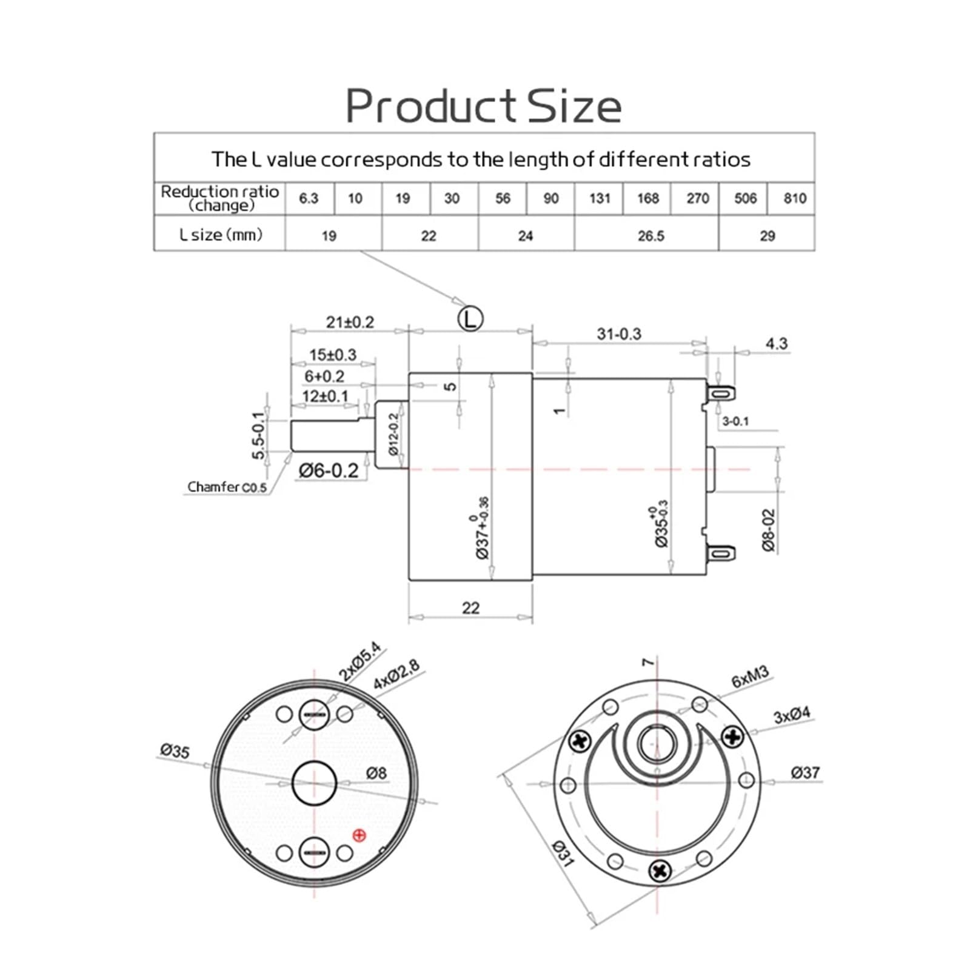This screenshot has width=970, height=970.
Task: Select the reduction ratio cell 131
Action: [x=599, y=198]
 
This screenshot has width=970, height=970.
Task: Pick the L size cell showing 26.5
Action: [x=651, y=236]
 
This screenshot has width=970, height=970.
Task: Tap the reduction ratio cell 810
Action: [x=794, y=198]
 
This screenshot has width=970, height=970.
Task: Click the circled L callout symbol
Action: [x=470, y=318]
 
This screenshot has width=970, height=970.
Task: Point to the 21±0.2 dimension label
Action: [x=350, y=323]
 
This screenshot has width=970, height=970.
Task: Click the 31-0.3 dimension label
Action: [x=618, y=334]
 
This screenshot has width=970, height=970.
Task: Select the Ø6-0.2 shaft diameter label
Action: [x=329, y=470]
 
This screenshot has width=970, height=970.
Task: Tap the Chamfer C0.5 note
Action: [x=226, y=487]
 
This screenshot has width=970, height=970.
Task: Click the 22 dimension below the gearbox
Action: [x=470, y=607]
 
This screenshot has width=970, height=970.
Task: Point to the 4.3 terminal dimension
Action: [x=776, y=344]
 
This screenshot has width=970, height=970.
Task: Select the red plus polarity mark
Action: [x=359, y=835]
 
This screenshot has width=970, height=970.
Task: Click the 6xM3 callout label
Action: [x=749, y=677]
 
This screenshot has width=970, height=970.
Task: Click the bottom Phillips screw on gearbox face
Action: [x=660, y=872]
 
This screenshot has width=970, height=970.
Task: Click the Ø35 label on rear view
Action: [x=175, y=751]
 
